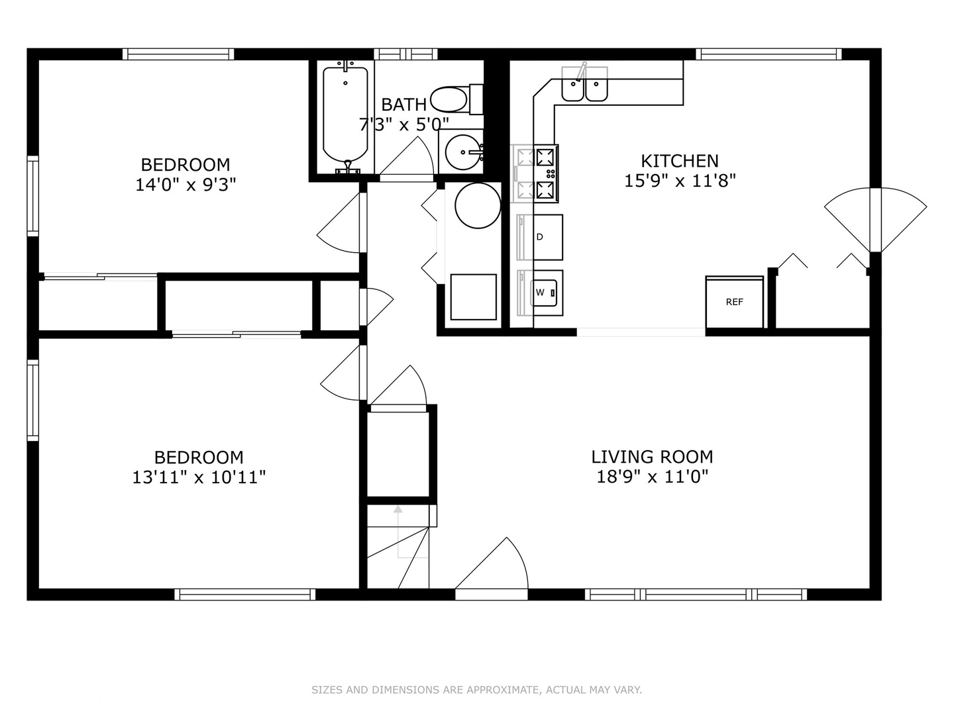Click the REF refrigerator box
coord(734,302)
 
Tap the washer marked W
coord(541,293)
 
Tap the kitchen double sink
coord(584,89)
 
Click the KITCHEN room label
coord(679,161)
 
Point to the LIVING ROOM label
coord(652,457)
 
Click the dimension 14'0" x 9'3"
coord(185,185)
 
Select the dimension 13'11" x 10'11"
coord(199,477)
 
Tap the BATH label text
coord(403,105)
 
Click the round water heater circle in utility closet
coord(478,205)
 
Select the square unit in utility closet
coord(473,297)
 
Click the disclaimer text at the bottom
coord(476,690)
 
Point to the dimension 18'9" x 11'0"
coord(652,477)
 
